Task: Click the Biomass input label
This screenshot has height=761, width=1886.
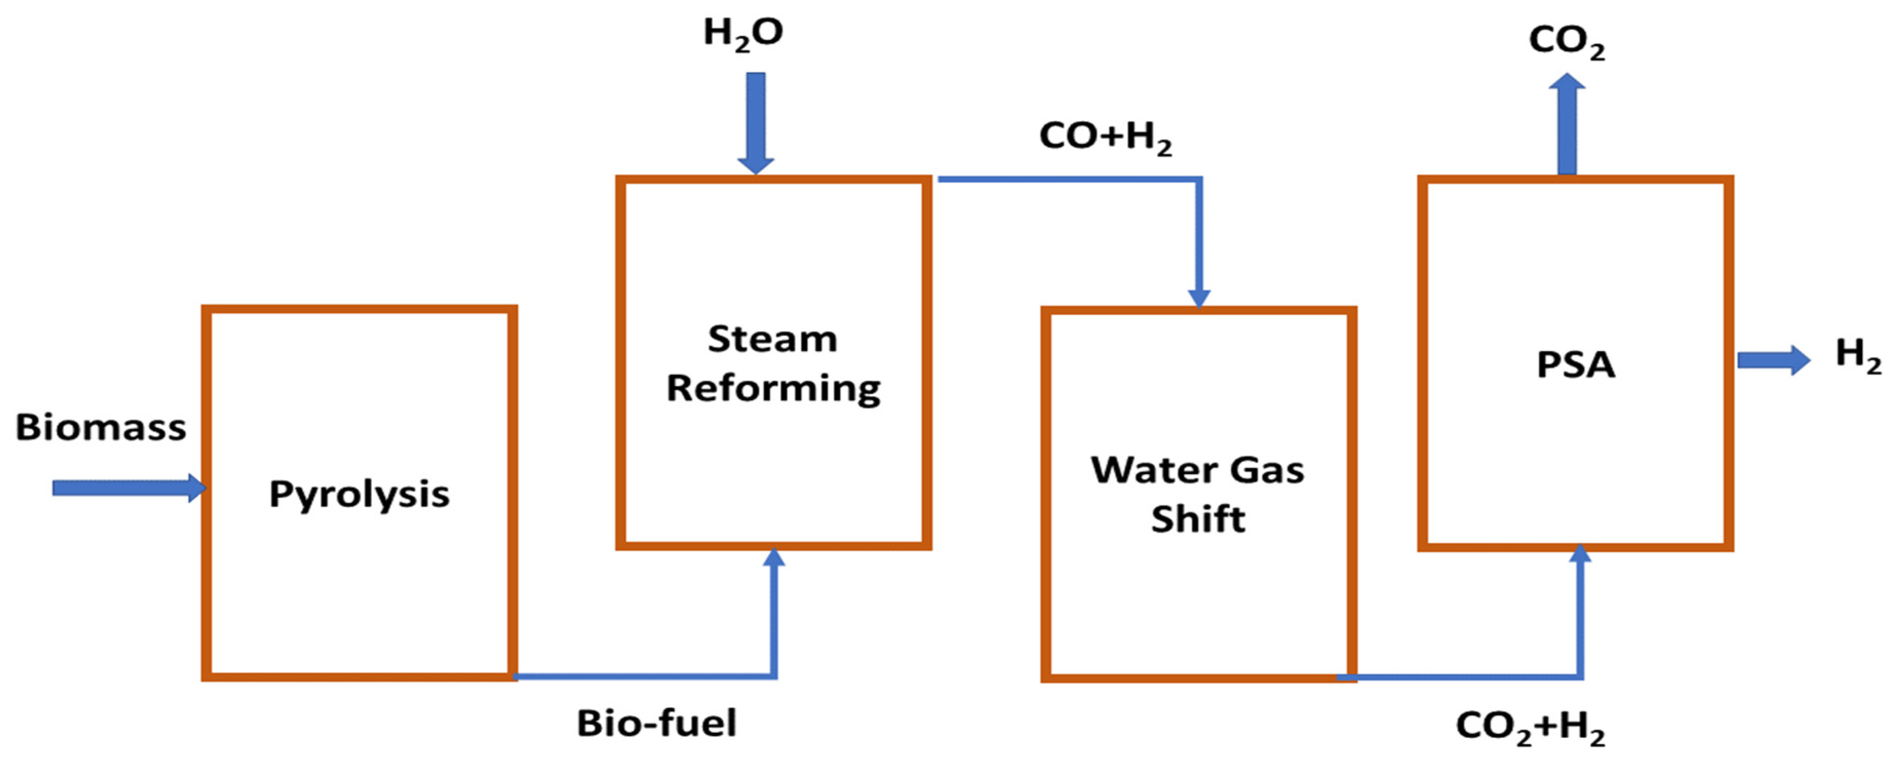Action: (101, 427)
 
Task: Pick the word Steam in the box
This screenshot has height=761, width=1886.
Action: (772, 339)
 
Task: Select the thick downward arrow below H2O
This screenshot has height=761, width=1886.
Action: (755, 121)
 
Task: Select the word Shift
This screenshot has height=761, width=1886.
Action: (1198, 519)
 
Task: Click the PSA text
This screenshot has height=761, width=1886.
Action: (1576, 365)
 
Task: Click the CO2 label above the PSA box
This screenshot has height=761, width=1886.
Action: (1566, 42)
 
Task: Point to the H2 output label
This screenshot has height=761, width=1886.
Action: (1857, 355)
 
